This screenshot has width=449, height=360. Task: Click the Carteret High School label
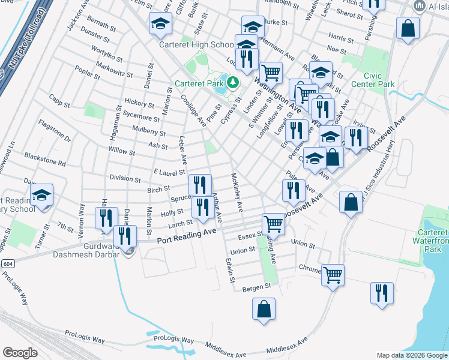[x=196, y=45]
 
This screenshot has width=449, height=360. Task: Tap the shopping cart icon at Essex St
[x=273, y=224]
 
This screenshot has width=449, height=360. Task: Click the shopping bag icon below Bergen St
[x=264, y=310]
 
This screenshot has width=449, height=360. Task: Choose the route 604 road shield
[x=8, y=263]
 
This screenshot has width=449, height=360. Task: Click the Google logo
[x=20, y=353]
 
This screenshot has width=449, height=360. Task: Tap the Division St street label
[x=125, y=178]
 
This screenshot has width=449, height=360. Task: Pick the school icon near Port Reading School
[x=42, y=196]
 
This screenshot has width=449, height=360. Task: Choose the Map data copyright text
[x=412, y=355]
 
